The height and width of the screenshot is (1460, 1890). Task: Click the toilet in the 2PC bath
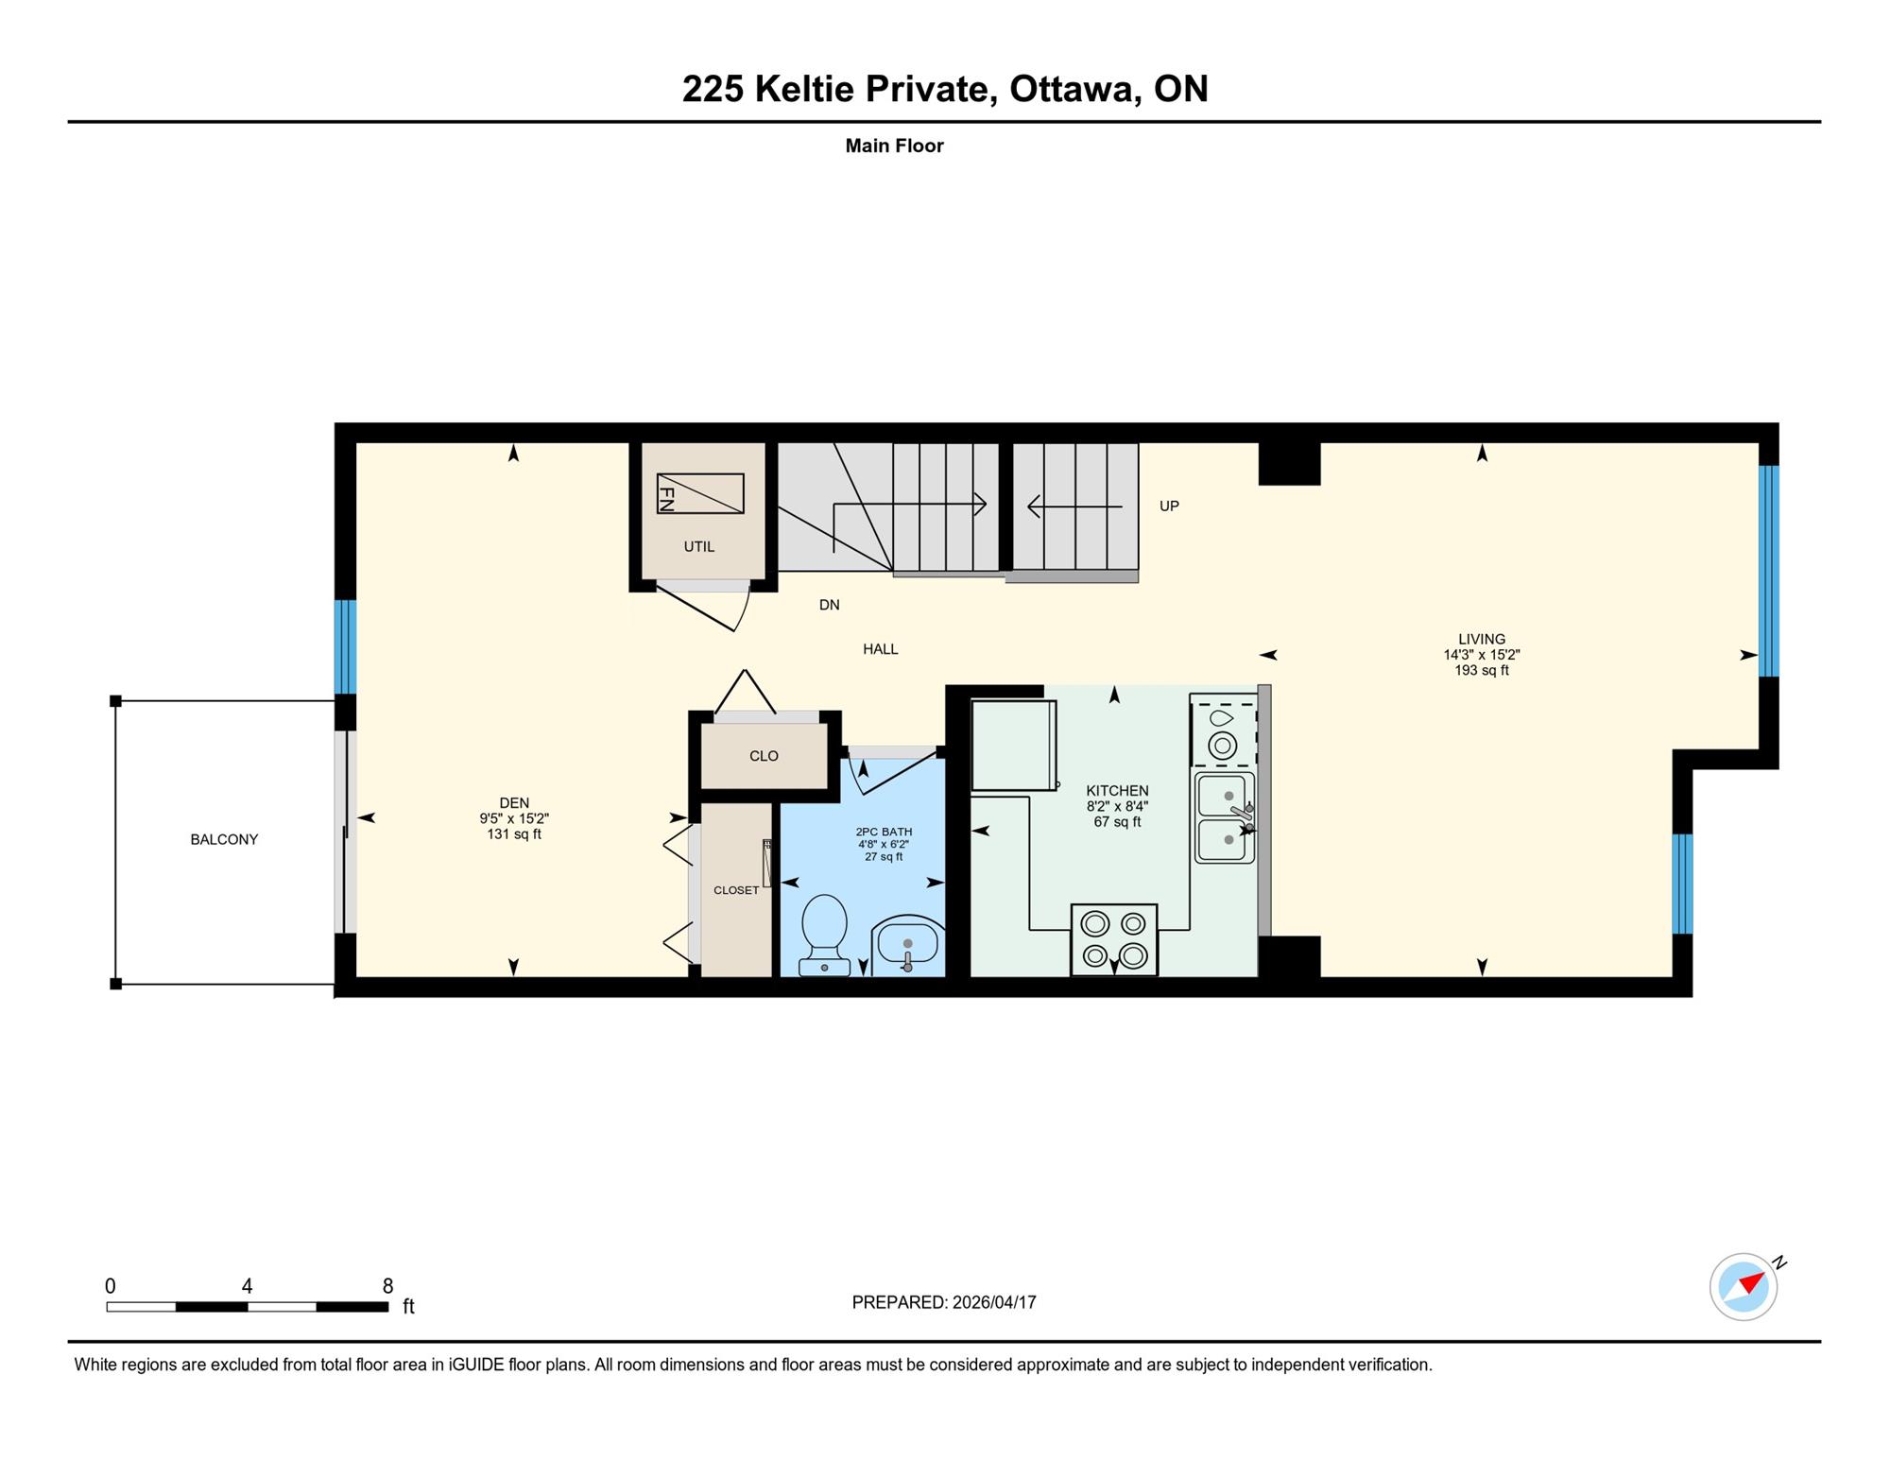[823, 935]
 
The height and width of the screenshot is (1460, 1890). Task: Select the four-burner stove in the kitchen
[1114, 939]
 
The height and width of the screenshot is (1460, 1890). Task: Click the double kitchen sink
[1226, 817]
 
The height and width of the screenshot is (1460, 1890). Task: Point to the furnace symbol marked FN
[700, 493]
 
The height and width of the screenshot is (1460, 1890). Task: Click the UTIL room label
[699, 546]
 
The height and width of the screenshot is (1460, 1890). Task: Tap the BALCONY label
[224, 839]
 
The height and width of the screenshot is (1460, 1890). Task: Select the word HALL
[881, 649]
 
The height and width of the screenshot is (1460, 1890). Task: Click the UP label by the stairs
[1169, 506]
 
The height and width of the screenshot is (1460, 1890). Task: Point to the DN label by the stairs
[829, 605]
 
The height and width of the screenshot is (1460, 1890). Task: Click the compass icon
[1744, 1286]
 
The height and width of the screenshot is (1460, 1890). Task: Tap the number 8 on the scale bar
[387, 1285]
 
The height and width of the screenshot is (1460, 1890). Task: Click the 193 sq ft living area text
[1482, 671]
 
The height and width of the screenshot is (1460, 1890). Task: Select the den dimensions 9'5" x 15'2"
[514, 819]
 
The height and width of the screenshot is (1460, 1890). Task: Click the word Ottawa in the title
[1071, 89]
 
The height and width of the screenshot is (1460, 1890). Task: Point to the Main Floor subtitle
[894, 146]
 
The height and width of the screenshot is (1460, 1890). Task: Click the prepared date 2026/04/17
[994, 1302]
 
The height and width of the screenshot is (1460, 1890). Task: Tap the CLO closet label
[764, 756]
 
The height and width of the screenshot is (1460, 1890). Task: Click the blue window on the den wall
[346, 647]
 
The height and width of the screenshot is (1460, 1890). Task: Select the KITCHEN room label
[1117, 791]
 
